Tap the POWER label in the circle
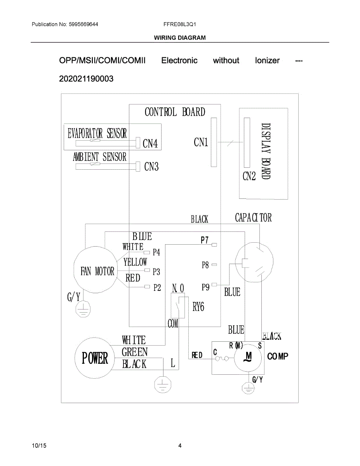(95, 358)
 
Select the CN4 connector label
(150, 144)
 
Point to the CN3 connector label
(151, 167)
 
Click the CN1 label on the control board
(201, 143)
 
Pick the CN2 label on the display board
(249, 176)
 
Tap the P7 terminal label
(205, 240)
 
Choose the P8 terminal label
(205, 265)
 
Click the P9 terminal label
(205, 287)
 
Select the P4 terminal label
(156, 252)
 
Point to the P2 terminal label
(157, 287)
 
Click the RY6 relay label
(198, 307)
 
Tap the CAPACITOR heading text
(253, 218)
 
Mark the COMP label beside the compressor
(278, 356)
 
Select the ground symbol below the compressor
(247, 388)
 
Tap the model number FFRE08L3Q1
(180, 24)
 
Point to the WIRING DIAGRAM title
(180, 38)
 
